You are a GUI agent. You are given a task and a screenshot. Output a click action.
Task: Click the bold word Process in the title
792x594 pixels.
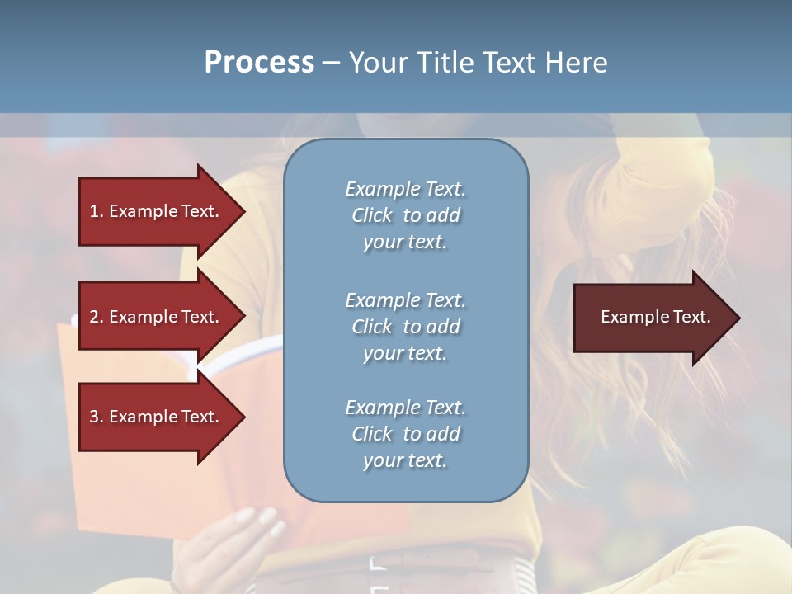259,63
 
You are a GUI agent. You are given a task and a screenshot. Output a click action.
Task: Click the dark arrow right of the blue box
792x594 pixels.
652,318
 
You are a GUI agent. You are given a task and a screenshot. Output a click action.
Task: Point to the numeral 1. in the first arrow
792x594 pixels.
96,211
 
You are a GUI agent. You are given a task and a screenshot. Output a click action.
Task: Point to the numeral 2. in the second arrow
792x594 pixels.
96,317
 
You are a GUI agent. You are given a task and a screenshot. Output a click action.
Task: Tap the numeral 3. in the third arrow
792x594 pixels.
96,417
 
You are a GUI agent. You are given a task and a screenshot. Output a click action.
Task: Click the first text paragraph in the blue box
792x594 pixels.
405,215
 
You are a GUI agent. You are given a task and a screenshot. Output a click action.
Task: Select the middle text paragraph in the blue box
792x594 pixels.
405,327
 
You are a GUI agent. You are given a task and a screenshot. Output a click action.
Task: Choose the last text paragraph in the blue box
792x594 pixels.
405,434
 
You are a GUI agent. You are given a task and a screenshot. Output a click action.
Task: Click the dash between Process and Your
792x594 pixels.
331,63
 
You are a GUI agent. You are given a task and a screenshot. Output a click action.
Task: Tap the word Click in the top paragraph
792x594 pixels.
372,215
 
